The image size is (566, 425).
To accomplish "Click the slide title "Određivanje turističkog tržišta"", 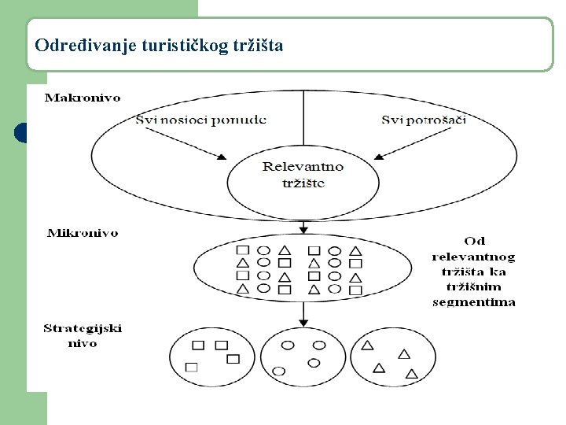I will pyautogui.click(x=159, y=45).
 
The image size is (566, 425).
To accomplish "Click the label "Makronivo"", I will pyautogui.click(x=83, y=98).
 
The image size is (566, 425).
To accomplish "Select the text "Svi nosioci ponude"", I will pyautogui.click(x=200, y=120).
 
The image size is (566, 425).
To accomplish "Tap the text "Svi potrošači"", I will pyautogui.click(x=424, y=120).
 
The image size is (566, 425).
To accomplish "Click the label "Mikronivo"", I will pyautogui.click(x=83, y=233).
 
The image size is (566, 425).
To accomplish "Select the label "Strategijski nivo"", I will pyautogui.click(x=83, y=335).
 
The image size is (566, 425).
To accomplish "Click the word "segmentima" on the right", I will pyautogui.click(x=474, y=301).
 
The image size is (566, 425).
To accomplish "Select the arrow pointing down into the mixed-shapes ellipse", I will pyautogui.click(x=303, y=227).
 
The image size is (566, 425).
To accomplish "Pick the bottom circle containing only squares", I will pyautogui.click(x=211, y=355).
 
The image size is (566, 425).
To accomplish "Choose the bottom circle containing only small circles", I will pyautogui.click(x=302, y=355).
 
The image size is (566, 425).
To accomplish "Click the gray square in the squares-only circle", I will pyautogui.click(x=192, y=367).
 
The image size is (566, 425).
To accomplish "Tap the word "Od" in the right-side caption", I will pyautogui.click(x=474, y=241).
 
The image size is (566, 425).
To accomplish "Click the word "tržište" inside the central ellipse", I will pyautogui.click(x=303, y=183).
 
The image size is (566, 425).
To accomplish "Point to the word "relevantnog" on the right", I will pyautogui.click(x=474, y=256).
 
